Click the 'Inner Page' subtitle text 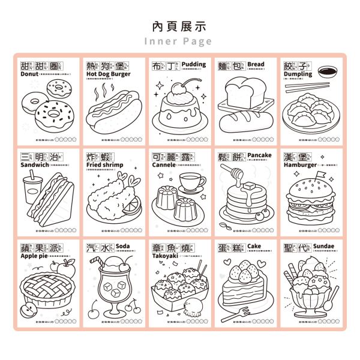(x=179, y=41)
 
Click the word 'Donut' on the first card (x=29, y=74)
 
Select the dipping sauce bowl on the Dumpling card (x=326, y=72)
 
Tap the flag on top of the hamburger (x=316, y=176)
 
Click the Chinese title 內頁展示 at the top (x=179, y=26)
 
